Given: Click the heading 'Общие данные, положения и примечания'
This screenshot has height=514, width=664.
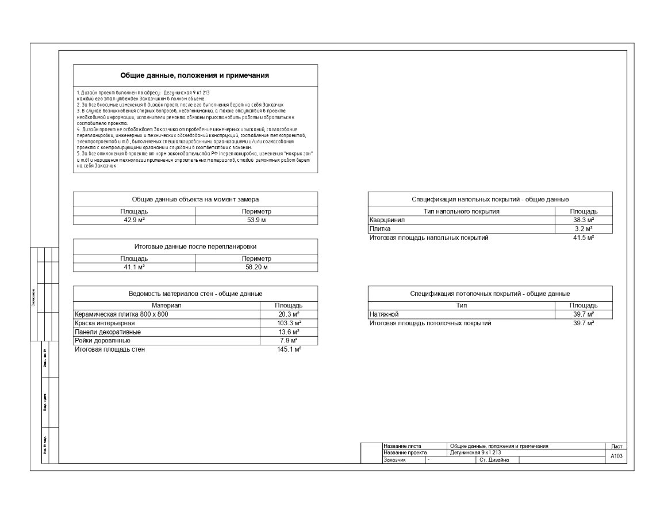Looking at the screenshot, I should [x=194, y=75].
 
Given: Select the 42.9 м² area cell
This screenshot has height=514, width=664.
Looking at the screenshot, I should [x=134, y=220].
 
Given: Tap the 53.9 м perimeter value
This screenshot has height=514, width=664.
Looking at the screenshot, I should [x=256, y=220].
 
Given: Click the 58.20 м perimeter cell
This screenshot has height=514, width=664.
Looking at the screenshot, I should [x=256, y=267].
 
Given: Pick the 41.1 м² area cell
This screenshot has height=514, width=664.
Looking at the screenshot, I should [x=134, y=267].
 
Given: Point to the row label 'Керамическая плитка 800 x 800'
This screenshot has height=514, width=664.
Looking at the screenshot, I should [x=122, y=314].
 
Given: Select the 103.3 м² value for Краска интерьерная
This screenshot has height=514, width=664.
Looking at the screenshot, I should [x=289, y=323].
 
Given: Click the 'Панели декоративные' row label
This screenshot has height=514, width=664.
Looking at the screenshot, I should [x=108, y=332].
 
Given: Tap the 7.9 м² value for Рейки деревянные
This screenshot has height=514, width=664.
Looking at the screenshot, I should [x=289, y=341].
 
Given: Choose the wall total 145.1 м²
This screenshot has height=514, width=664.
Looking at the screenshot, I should [x=289, y=349].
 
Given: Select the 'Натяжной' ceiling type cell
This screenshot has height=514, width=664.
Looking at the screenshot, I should [x=384, y=314].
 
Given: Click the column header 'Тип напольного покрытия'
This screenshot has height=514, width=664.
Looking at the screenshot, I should [x=461, y=211].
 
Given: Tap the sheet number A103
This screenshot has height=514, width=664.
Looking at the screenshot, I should [x=616, y=456].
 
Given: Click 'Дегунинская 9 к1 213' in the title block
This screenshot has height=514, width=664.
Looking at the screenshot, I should [x=473, y=452].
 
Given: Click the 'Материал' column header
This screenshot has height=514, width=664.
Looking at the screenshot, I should [x=166, y=305].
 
